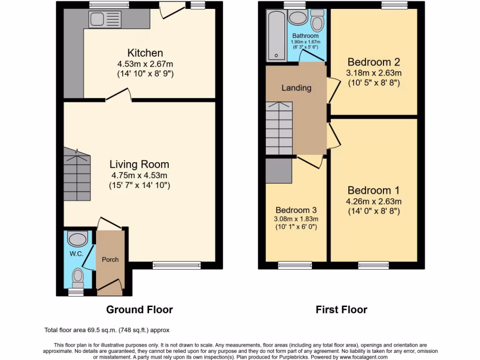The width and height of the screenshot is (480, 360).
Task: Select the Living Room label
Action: tap(139, 165)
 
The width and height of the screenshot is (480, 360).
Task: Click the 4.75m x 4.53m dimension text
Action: tap(139, 175)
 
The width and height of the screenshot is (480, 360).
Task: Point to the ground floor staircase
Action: tap(76, 175)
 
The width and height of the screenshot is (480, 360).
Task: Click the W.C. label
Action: tap(76, 254)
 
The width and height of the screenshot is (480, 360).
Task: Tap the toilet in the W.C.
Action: tap(77, 277)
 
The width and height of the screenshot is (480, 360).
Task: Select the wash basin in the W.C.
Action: tap(77, 239)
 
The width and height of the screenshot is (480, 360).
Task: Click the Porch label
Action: tap(110, 259)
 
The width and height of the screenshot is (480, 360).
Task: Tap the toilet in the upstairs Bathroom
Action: tap(317, 20)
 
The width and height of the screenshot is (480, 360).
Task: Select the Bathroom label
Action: tap(305, 36)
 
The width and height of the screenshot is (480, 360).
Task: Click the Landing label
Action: tap(296, 88)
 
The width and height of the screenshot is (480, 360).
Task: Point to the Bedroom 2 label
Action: tap(374, 62)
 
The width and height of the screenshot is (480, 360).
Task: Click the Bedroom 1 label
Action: tap(374, 191)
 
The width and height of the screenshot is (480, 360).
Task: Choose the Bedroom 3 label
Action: tap(296, 210)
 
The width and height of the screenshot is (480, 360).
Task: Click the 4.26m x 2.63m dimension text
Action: tap(374, 202)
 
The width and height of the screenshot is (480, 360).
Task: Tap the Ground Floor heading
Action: tap(139, 309)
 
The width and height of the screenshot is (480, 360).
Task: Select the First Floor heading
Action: tap(341, 309)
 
